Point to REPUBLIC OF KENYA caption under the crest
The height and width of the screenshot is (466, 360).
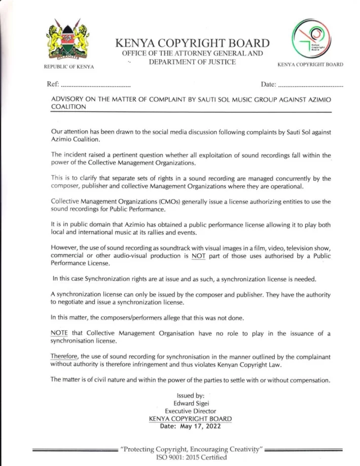pyautogui.click(x=68, y=67)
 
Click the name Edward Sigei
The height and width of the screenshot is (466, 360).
pyautogui.click(x=191, y=403)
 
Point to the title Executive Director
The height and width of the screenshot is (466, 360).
pyautogui.click(x=191, y=411)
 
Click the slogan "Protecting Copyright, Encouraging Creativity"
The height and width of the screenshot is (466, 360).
pyautogui.click(x=191, y=449)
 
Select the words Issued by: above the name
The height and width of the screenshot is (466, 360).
pyautogui.click(x=191, y=396)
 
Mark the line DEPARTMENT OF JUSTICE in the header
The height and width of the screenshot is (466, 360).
pyautogui.click(x=192, y=62)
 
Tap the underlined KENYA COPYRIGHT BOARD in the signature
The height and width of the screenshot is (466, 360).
pyautogui.click(x=191, y=419)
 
